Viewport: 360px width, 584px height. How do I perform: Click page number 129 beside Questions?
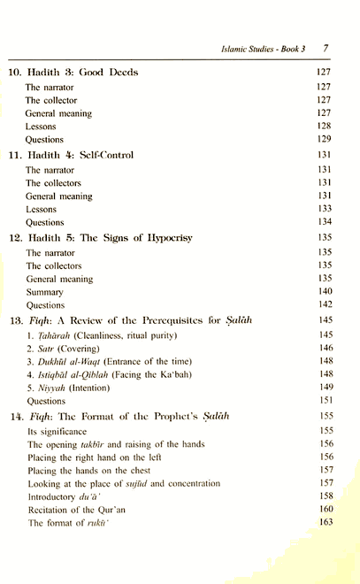[323, 140]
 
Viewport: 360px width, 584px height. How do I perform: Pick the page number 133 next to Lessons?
[323, 210]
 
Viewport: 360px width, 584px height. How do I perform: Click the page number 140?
[323, 291]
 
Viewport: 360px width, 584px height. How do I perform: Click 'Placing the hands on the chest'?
[85, 471]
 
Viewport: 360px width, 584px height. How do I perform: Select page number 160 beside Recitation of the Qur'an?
[323, 511]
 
